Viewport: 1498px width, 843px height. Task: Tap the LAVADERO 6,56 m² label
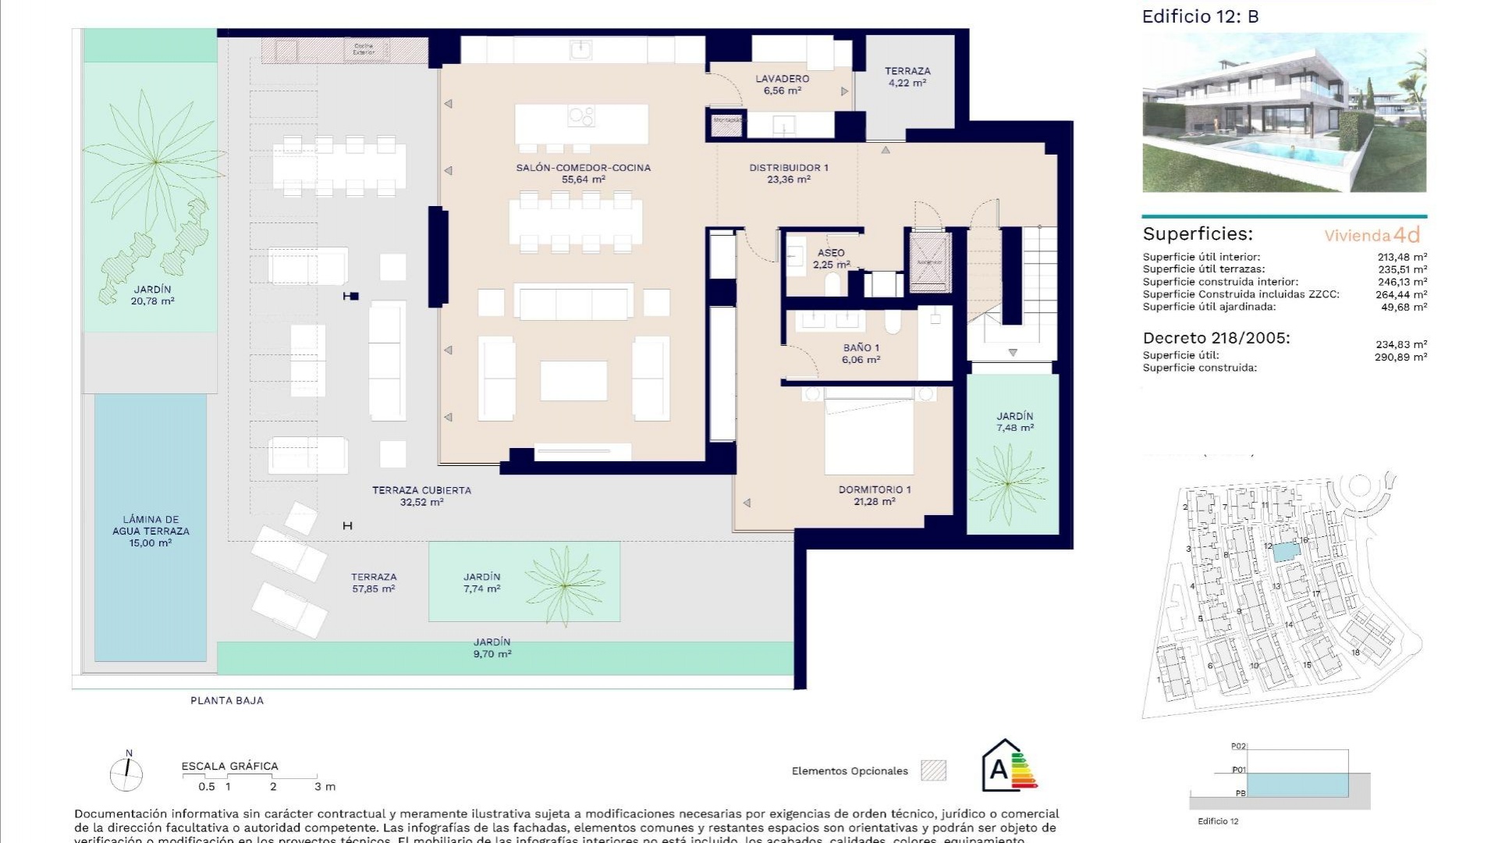[x=782, y=84]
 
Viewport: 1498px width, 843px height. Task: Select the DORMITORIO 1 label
[x=874, y=495]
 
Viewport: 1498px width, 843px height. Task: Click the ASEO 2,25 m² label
[x=831, y=258]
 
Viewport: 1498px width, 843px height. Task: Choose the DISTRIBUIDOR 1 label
[x=788, y=173]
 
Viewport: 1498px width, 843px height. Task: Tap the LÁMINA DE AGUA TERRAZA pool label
[x=151, y=531]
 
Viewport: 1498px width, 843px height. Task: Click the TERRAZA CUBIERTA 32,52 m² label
[x=421, y=496]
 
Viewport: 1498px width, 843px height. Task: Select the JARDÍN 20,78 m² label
[x=152, y=295]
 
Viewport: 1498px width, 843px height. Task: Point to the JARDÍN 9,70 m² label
[x=492, y=648]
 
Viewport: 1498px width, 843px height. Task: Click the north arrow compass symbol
[x=126, y=773]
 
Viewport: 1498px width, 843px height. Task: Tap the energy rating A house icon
[x=1009, y=767]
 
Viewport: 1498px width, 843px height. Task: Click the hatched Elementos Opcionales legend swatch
[x=933, y=770]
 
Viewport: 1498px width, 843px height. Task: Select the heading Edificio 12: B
[x=1200, y=16]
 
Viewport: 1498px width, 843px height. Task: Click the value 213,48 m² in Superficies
[x=1402, y=257]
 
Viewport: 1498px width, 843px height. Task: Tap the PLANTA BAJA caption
[x=227, y=700]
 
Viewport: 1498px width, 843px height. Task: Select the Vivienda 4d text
[x=1372, y=235]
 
